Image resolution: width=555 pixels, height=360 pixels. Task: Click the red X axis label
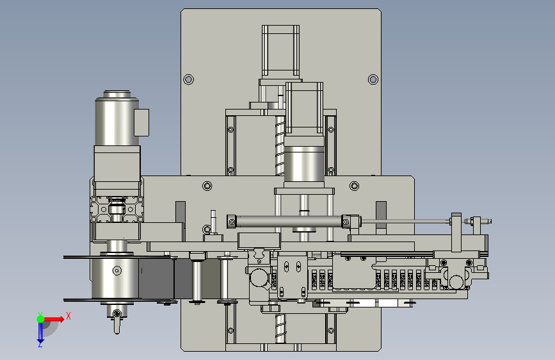(x=68, y=316)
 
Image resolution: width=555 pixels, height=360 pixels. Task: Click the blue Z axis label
(x=40, y=344)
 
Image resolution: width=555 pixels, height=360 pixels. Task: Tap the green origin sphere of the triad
(x=41, y=319)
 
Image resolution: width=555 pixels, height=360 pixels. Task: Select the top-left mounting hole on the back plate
(x=188, y=79)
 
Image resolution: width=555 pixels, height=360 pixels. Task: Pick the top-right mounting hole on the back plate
(x=373, y=79)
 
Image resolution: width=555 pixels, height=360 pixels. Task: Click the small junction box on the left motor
(x=141, y=122)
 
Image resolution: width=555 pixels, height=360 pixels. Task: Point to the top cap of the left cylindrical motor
(x=117, y=94)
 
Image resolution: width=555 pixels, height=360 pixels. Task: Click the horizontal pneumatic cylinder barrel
(x=289, y=222)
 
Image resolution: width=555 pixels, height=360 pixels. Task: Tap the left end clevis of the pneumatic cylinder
(x=232, y=222)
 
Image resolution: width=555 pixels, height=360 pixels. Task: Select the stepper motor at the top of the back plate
(x=280, y=51)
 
